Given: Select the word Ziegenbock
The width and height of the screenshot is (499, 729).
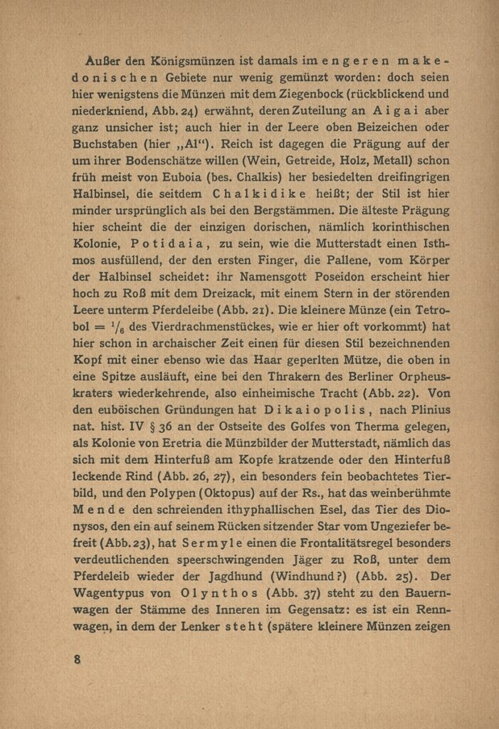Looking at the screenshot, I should (268, 94).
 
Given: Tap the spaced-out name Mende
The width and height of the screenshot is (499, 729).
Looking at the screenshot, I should (100, 510).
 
